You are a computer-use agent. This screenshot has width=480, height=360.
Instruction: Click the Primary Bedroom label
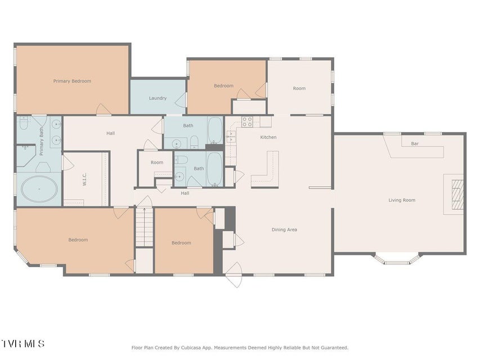pyautogui.click(x=72, y=81)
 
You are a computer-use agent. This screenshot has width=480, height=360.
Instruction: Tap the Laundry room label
pyautogui.click(x=158, y=98)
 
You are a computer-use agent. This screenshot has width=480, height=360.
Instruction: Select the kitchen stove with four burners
pyautogui.click(x=248, y=122)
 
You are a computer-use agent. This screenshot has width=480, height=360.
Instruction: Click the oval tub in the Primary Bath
pyautogui.click(x=39, y=189)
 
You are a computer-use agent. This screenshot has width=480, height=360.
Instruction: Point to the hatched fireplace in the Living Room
pyautogui.click(x=457, y=195)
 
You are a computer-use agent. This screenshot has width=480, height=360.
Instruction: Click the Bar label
pyautogui.click(x=415, y=143)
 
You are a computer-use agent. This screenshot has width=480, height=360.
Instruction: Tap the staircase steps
pyautogui.click(x=145, y=227)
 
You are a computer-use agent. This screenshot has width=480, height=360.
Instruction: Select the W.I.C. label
pyautogui.click(x=85, y=179)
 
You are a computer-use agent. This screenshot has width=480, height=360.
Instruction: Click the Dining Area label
pyautogui.click(x=284, y=229)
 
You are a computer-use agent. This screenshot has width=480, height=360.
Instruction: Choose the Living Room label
pyautogui.click(x=402, y=200)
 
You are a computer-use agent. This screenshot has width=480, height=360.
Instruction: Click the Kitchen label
pyautogui.click(x=268, y=137)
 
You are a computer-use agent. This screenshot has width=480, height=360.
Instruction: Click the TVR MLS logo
pyautogui.click(x=23, y=344)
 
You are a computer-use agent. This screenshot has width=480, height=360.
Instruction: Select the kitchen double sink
pyautogui.click(x=231, y=136)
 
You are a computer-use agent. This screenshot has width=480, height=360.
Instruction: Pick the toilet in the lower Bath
pyautogui.click(x=182, y=160)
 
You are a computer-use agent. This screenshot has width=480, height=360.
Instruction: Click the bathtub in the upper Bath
pyautogui.click(x=215, y=130)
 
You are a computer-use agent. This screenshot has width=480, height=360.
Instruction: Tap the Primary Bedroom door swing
pyautogui.click(x=103, y=109)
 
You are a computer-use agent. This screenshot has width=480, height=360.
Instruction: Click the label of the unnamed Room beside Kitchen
pyautogui.click(x=299, y=88)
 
